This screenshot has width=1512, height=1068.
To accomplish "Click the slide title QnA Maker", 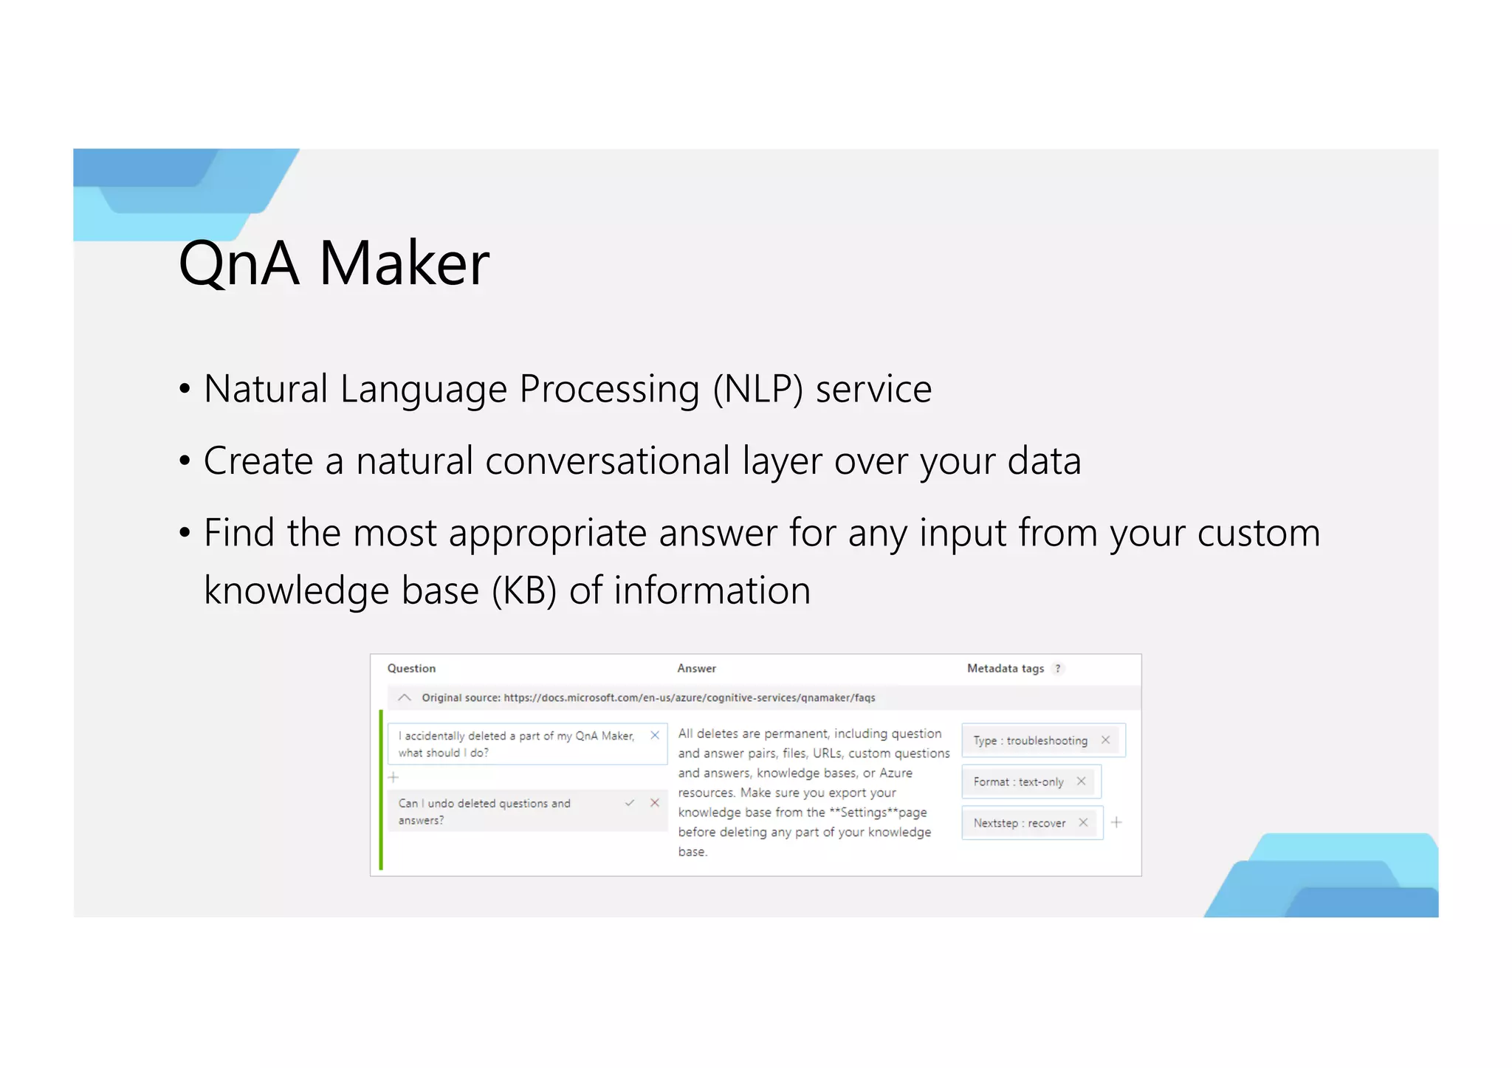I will pos(334,263).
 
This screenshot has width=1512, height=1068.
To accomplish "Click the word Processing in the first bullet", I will pos(609,389).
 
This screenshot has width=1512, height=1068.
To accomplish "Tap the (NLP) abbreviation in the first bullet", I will pos(757,389).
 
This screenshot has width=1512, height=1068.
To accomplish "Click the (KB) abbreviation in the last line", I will pos(524,590).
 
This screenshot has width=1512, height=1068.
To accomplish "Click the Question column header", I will pos(411,669).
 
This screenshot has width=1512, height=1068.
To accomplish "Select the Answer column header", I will pos(696,669).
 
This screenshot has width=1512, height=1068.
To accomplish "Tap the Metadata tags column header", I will pos(1006,669).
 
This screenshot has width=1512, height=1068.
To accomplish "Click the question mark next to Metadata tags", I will pos(1058,669).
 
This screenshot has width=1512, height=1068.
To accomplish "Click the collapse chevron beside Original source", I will pos(405,697).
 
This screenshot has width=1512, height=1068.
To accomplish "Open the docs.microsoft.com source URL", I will pos(690,697).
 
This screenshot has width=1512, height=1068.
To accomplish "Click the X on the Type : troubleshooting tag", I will pos(1105,740).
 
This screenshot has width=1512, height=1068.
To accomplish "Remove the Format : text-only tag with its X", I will pos(1081,782).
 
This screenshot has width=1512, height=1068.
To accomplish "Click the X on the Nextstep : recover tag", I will pos(1083,823).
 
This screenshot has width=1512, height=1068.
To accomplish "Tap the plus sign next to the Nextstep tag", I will pos(1116,822).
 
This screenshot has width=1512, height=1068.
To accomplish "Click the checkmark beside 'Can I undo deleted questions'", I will pos(630,803).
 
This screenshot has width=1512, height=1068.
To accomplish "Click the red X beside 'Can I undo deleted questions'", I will pos(655,803).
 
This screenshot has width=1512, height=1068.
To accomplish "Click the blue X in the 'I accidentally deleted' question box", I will pos(655,736).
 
